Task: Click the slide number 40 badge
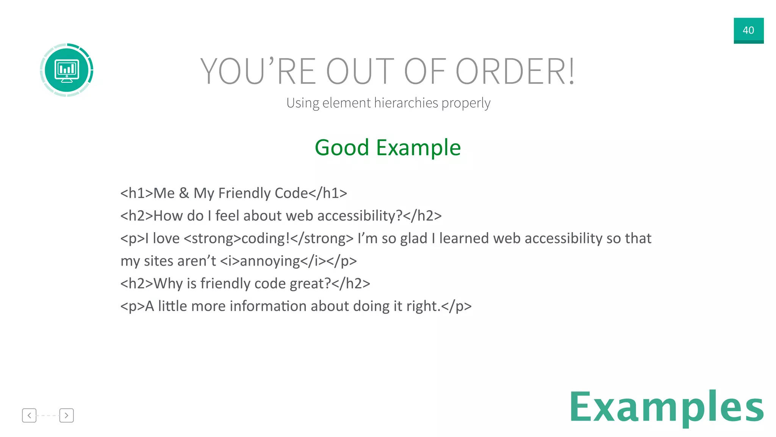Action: coord(748,30)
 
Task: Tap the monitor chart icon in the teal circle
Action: coord(67,70)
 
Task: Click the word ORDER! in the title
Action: coord(515,71)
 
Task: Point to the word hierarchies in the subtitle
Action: coord(406,103)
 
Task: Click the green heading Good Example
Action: coord(388,148)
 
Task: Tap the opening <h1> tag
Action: coord(136,193)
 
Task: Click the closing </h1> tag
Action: coord(328,193)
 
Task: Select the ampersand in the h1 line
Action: coord(184,193)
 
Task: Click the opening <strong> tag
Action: coord(212,239)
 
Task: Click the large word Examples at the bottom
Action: coord(666,407)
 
